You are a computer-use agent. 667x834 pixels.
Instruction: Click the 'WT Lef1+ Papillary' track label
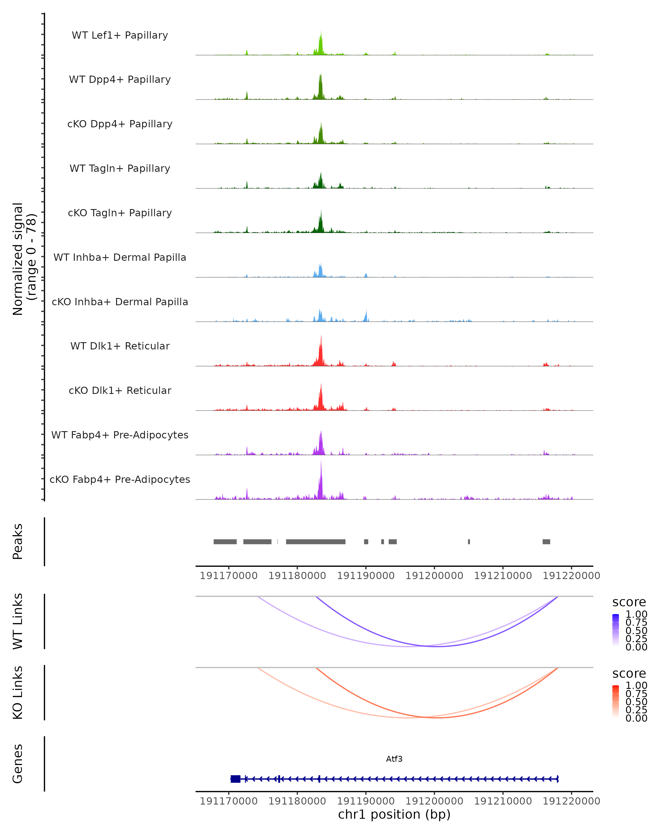(x=120, y=35)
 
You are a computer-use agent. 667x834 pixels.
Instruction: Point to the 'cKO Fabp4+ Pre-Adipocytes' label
(x=120, y=479)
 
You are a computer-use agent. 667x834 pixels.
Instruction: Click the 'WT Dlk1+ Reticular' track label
(x=120, y=346)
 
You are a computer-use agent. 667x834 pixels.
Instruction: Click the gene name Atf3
(x=394, y=759)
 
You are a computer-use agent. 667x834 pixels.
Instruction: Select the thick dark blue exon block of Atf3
(x=235, y=779)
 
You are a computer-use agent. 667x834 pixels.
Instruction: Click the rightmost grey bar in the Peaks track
(x=546, y=542)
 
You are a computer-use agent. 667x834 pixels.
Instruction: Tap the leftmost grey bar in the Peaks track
(x=225, y=542)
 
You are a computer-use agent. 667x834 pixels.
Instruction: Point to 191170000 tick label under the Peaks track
(x=228, y=576)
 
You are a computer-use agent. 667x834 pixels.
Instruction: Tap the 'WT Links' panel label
(x=18, y=621)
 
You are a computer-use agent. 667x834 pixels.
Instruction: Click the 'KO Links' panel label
(x=18, y=692)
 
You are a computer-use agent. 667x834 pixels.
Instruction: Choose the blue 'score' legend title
(x=629, y=602)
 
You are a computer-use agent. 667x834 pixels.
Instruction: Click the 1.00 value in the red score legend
(x=636, y=686)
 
